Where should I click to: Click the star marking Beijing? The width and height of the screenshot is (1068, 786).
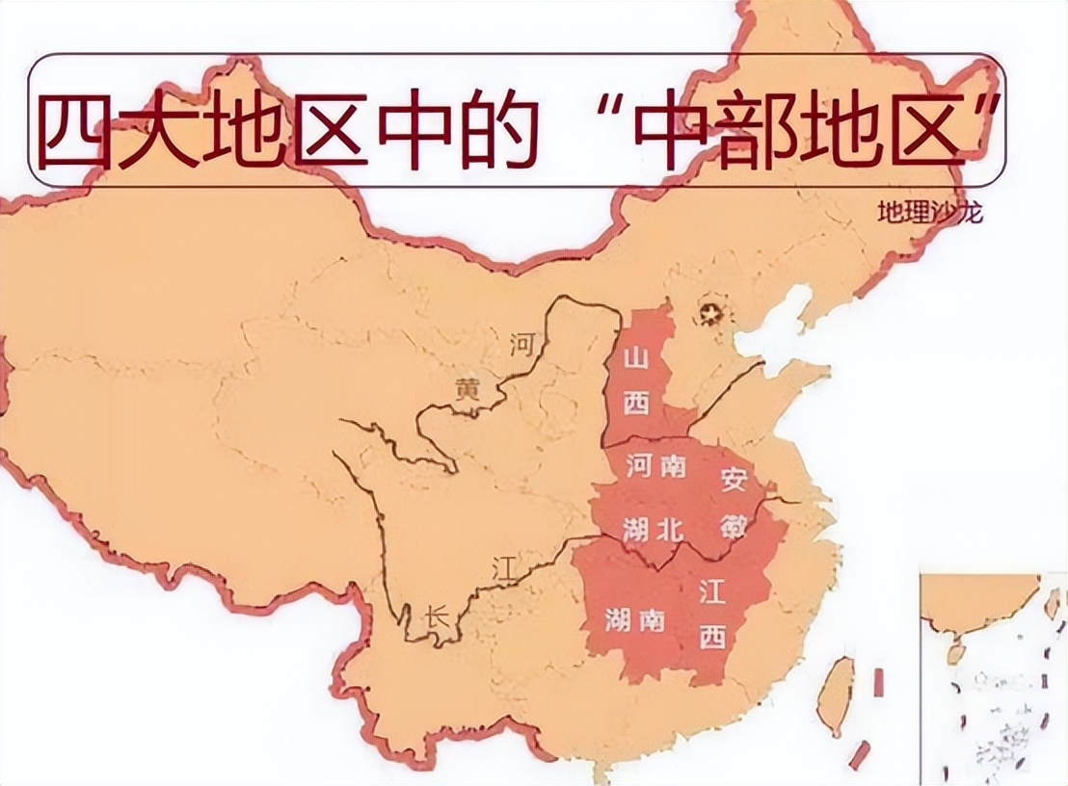coord(712,313)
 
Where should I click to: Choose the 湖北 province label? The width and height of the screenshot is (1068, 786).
coord(655,528)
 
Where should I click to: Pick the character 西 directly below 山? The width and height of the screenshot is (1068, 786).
coord(635,405)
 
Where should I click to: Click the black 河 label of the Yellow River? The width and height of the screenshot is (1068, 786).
coord(521,343)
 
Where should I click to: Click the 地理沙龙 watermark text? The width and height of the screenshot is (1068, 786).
coord(929,213)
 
